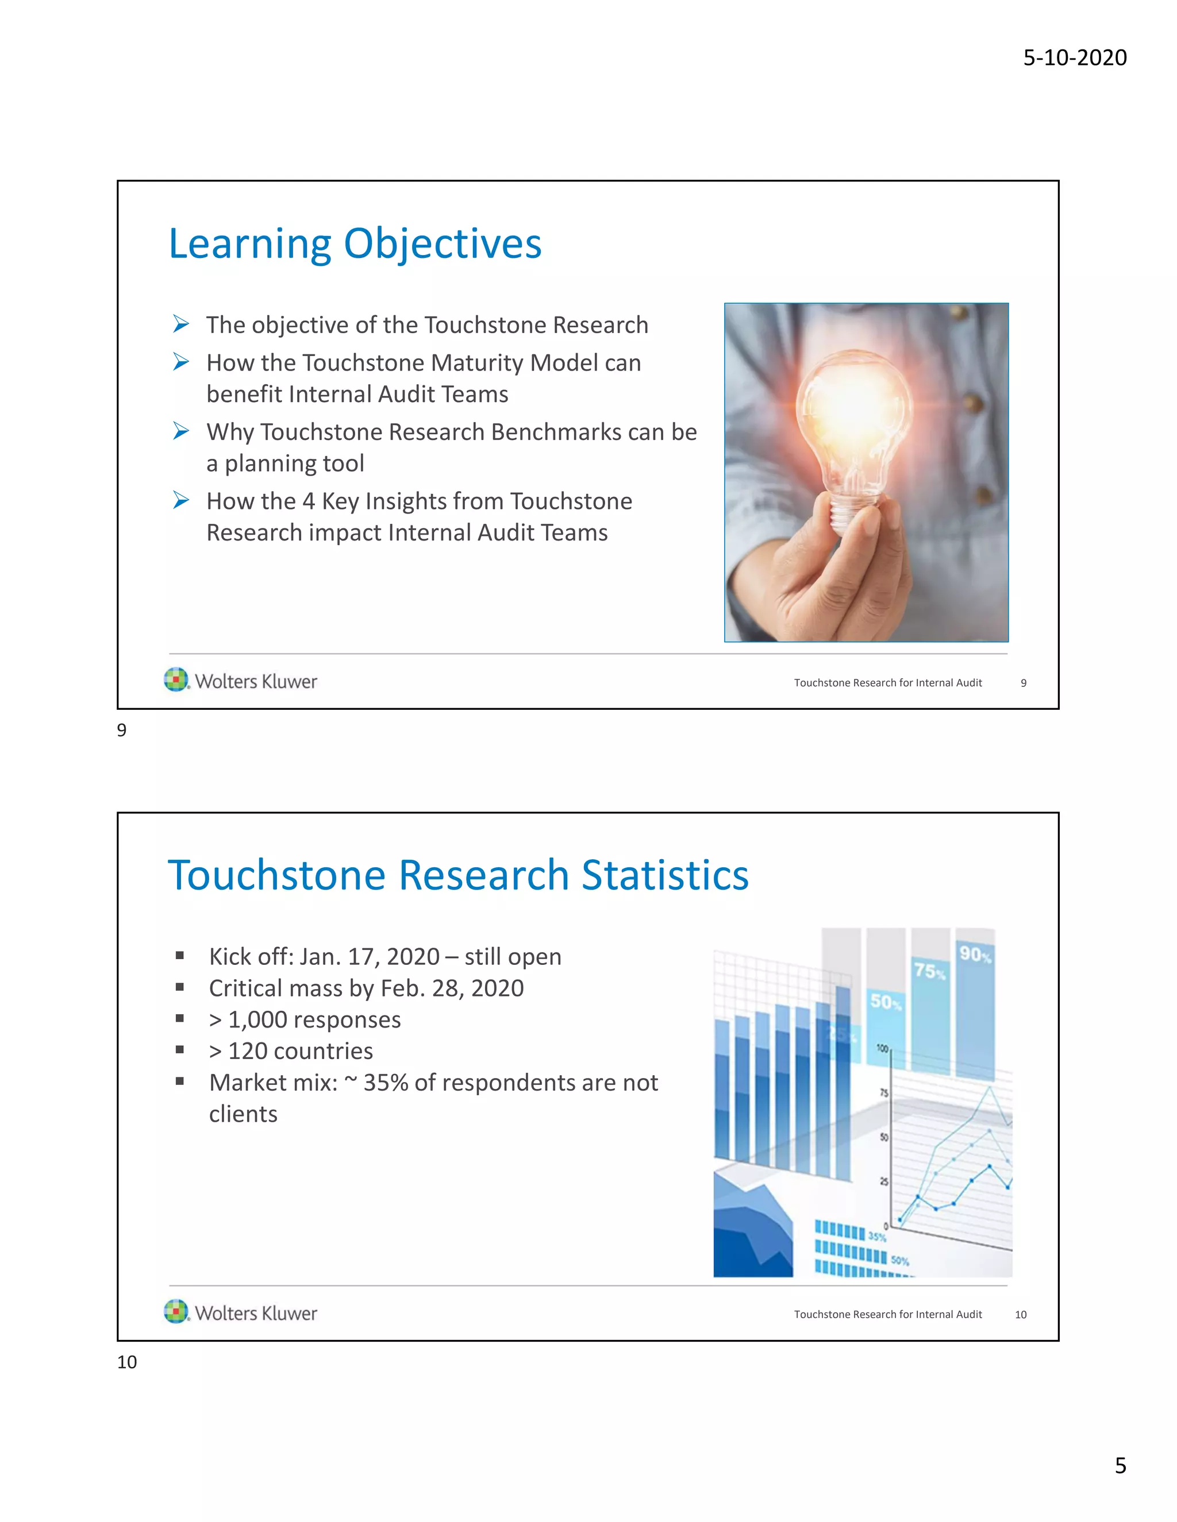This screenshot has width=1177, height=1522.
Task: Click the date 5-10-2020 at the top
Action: coord(1075,57)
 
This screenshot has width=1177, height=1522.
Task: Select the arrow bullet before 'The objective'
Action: coord(181,325)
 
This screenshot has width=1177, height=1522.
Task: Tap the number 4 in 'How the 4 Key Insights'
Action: coord(308,501)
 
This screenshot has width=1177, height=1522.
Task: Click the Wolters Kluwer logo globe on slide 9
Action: coord(176,679)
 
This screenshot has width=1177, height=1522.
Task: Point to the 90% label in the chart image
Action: coord(975,954)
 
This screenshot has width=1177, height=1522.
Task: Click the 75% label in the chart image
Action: coord(929,971)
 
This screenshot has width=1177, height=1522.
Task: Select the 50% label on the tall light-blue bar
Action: coord(886,1002)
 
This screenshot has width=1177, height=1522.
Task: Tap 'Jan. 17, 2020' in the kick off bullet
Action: coord(370,957)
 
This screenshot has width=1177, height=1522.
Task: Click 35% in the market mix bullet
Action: coord(386,1082)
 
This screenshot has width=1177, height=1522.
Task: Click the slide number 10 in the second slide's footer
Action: coord(1020,1314)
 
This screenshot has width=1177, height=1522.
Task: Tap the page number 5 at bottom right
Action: coord(1120,1466)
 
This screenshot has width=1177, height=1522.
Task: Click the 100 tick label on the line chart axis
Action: coord(882,1049)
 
